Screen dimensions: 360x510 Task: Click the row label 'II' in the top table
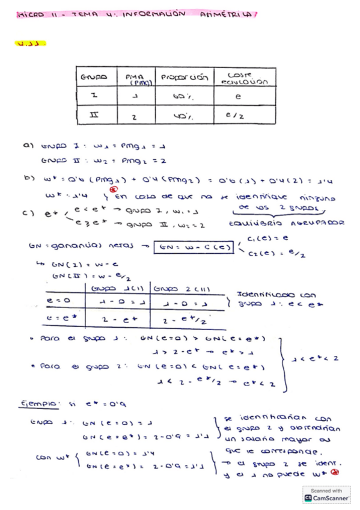pos(94,115)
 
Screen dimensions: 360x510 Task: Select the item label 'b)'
pos(27,178)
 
